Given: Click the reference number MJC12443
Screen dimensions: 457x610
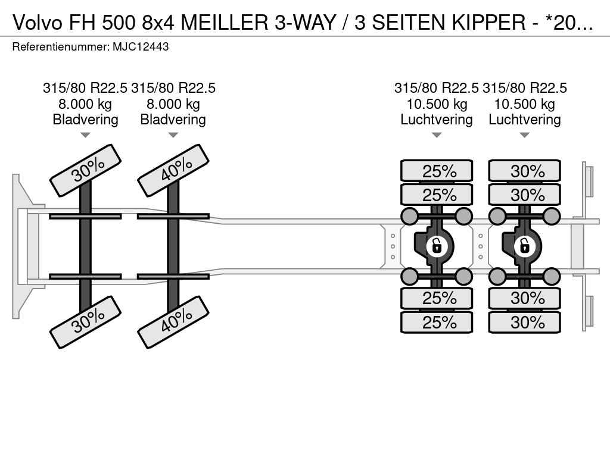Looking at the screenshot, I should tap(140, 46).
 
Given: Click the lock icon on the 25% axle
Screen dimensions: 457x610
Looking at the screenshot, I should tap(437, 245).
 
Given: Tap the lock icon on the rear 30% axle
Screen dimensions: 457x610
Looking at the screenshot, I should tap(525, 245).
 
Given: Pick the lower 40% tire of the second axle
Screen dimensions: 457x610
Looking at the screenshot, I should tap(173, 321).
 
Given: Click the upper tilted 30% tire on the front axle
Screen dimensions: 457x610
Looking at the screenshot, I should tap(86, 170).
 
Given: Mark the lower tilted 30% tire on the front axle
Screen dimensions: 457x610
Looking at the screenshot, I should tap(86, 321).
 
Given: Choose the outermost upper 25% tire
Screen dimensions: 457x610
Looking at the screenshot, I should tap(437, 171).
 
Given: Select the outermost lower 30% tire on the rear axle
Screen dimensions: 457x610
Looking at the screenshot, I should tap(525, 323).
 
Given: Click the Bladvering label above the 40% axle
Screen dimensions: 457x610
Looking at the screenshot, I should tap(173, 120).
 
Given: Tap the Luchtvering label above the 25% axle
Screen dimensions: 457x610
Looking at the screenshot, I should tap(437, 120).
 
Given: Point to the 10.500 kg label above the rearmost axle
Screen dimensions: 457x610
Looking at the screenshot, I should tap(525, 104).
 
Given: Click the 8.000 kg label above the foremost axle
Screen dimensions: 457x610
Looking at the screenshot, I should tap(85, 104).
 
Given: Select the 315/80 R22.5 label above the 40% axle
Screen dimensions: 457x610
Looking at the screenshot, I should tap(173, 88).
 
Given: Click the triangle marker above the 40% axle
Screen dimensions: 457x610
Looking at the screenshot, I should tap(173, 135).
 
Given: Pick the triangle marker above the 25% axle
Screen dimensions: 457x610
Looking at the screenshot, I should tap(437, 135).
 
